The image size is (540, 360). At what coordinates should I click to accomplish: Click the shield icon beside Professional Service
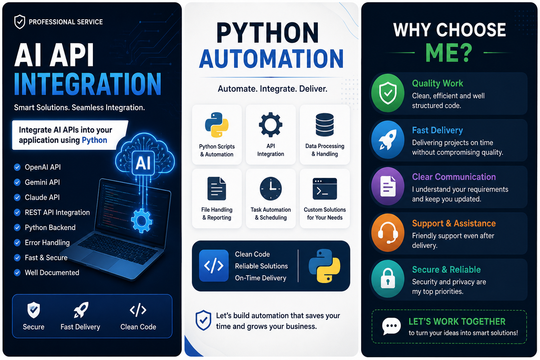pos(20,22)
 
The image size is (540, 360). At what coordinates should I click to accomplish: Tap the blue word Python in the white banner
pos(94,140)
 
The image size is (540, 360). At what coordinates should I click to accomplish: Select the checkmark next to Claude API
pos(17,198)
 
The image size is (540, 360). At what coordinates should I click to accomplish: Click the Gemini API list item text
pos(42,182)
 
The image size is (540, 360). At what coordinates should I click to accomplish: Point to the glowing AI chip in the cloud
pos(143,163)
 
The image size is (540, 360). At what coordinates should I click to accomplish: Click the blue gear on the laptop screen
pos(142,220)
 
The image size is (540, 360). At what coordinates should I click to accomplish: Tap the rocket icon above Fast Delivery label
pos(81,310)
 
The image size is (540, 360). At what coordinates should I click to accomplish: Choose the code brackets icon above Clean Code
pos(138,310)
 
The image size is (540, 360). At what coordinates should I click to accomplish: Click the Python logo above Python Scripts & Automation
pos(217,125)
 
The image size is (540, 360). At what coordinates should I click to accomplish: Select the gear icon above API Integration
pos(270,124)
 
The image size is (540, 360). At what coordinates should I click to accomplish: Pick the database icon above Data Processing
pos(325,124)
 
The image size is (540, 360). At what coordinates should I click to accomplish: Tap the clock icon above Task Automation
pos(270,188)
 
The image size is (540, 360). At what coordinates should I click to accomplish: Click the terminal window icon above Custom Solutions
pos(325,189)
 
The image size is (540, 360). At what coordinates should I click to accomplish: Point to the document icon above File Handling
pos(217,188)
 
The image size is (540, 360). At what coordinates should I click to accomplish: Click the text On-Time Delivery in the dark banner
pos(261,278)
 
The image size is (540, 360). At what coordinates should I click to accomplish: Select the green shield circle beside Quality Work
pos(388,93)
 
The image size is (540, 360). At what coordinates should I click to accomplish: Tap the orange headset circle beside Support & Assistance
pos(388,233)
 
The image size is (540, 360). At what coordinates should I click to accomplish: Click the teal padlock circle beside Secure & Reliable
pos(388,279)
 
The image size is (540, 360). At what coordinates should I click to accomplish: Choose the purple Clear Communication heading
pos(454,177)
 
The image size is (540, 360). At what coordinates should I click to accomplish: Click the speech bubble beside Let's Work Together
pos(391,326)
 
